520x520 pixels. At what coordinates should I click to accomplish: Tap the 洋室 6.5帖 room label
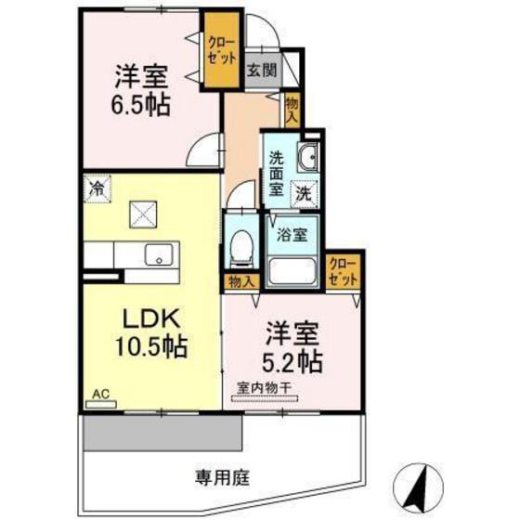click(x=140, y=90)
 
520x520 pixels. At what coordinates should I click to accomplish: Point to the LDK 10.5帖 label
click(x=150, y=333)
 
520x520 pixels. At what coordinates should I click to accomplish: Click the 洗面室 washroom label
click(x=278, y=173)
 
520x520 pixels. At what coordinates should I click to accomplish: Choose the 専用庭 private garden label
click(x=223, y=478)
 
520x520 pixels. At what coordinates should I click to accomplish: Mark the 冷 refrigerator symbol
click(x=96, y=188)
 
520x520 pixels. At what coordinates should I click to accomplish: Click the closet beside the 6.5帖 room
click(x=221, y=52)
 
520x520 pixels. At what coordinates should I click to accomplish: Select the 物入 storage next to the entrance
click(x=292, y=110)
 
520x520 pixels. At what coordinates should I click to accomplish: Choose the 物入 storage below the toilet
click(x=240, y=279)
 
